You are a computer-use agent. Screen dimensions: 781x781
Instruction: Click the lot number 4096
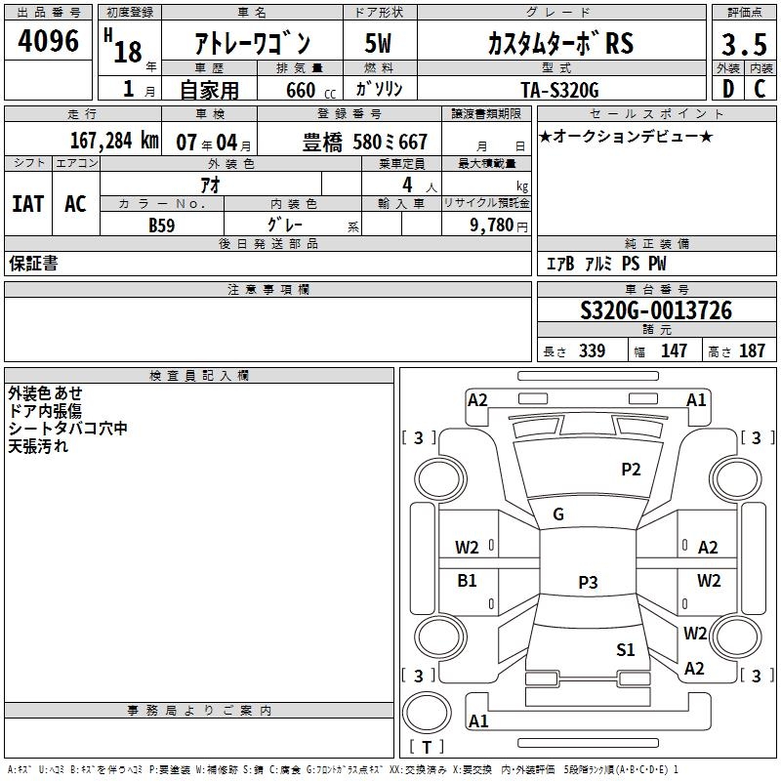[x=48, y=41]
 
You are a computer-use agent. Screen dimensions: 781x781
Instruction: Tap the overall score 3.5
[x=744, y=44]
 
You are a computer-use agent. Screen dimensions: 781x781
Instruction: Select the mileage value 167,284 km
[x=114, y=141]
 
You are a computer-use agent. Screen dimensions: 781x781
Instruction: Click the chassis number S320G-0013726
[x=656, y=310]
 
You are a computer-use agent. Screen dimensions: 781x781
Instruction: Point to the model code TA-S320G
[x=559, y=90]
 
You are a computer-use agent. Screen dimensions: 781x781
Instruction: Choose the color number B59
[x=162, y=226]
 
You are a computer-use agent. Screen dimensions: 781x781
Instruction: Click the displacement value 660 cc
[x=310, y=91]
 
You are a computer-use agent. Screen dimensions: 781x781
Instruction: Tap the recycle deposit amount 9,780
[x=492, y=226]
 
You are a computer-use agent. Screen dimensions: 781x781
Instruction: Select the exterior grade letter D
[x=728, y=89]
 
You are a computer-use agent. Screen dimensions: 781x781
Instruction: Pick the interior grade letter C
[x=760, y=89]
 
